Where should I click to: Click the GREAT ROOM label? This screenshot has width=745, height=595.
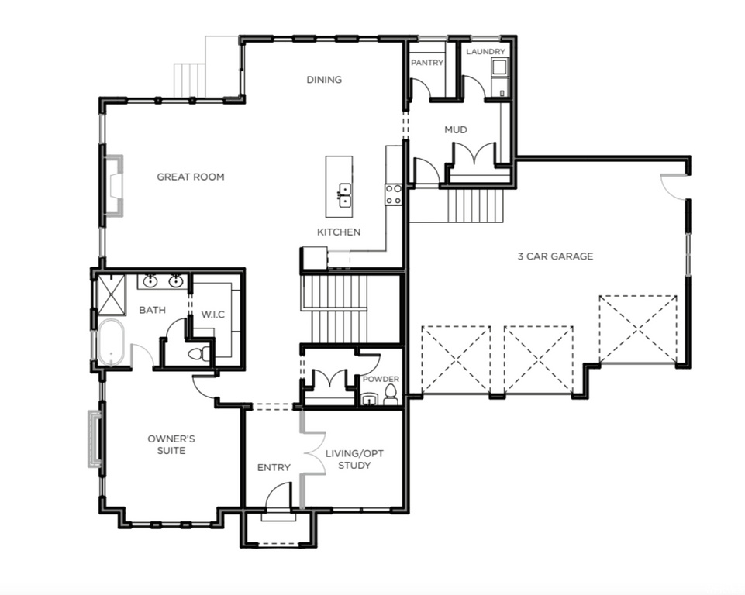190,177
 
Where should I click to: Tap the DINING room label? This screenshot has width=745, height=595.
323,79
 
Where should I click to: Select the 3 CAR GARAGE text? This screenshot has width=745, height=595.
555,256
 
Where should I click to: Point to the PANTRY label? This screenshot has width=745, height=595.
426,63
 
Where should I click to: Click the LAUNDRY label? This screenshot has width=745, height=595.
485,52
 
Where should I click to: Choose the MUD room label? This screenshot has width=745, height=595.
455,129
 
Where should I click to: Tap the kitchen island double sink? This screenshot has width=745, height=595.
343,194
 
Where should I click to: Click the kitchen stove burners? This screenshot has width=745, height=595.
394,194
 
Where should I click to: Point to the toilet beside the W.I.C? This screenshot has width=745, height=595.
198,354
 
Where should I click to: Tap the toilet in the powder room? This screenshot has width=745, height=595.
389,398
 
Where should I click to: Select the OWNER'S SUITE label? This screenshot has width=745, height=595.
171,444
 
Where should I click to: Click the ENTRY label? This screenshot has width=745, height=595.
274,467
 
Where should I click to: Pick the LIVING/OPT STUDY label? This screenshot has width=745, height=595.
354,459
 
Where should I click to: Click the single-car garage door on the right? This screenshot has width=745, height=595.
637,329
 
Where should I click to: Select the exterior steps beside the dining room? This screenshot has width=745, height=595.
191,80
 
